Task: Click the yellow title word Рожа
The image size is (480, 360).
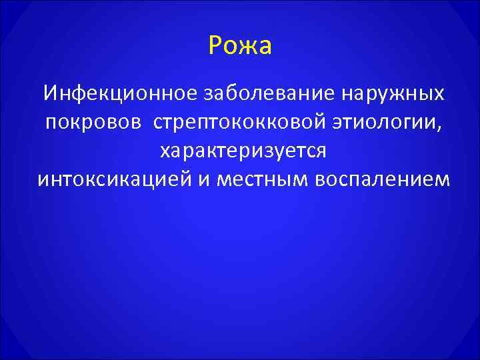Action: (x=240, y=47)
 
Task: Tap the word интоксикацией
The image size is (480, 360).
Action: (x=113, y=180)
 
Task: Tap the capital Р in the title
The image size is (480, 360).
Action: (x=215, y=47)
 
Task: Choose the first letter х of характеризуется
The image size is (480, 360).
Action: (x=164, y=152)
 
